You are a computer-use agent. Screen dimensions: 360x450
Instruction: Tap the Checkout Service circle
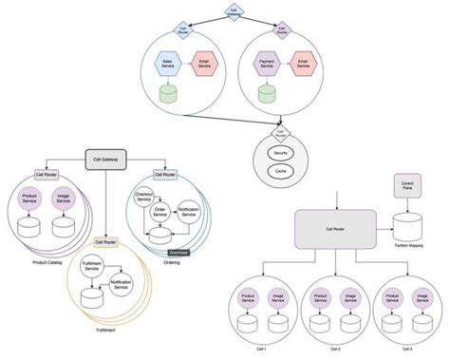[x=144, y=196]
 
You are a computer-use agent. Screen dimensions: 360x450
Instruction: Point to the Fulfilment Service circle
[x=92, y=269]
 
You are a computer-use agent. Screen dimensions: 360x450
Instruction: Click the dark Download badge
[x=178, y=252]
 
